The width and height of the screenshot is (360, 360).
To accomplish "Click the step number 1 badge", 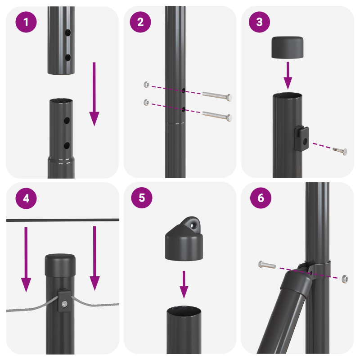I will point(27,22).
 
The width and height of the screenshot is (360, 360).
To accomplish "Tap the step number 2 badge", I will point(141,22).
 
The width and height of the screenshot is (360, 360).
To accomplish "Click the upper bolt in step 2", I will point(217,96).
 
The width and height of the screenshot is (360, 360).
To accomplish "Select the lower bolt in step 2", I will point(217,116).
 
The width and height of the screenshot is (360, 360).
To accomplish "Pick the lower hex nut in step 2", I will point(145,102).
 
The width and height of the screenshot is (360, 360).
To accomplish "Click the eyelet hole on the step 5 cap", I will point(194,223).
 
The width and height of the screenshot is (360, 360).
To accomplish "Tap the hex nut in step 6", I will point(345,279).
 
